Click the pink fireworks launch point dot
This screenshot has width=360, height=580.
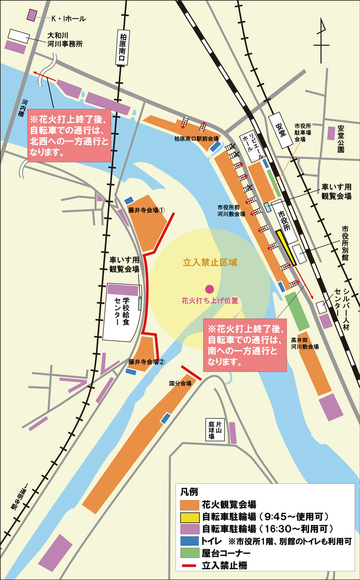tap(209, 289)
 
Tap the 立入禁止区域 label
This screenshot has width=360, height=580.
tap(210, 262)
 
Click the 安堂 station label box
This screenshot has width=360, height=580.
tap(280, 130)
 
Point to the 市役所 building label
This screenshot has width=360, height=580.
tap(284, 221)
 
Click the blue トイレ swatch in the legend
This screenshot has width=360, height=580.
tap(190, 541)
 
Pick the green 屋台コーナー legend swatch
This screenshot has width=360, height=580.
tap(190, 553)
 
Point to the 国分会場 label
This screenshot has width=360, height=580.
tap(180, 384)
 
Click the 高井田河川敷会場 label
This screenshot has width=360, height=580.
tap(305, 343)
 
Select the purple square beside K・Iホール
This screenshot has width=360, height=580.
tap(32, 15)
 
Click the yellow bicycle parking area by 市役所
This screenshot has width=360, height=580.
tap(286, 248)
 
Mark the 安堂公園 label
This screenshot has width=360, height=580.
tap(341, 139)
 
